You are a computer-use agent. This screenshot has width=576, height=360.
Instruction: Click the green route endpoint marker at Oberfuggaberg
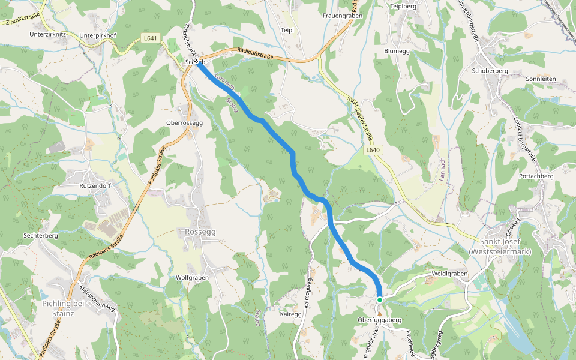(x=380, y=299)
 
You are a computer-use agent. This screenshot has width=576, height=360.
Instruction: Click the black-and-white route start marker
(x=196, y=61)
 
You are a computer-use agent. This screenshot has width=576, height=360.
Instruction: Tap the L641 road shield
(x=151, y=38)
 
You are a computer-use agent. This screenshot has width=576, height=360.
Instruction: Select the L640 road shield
(x=372, y=150)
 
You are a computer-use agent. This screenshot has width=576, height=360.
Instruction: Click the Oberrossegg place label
(x=185, y=122)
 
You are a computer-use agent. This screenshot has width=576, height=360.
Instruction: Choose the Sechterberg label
(x=40, y=236)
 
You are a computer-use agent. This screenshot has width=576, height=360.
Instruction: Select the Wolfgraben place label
(x=192, y=278)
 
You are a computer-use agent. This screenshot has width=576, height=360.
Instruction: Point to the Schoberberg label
(x=490, y=70)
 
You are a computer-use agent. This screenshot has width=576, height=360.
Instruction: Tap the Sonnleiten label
(x=541, y=79)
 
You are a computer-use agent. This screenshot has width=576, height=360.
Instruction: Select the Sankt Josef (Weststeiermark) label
(x=499, y=247)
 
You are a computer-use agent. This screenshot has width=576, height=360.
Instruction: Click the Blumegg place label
(x=397, y=51)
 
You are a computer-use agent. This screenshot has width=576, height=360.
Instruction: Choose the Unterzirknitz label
(x=47, y=35)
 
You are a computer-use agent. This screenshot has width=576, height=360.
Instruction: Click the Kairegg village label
(x=291, y=314)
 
